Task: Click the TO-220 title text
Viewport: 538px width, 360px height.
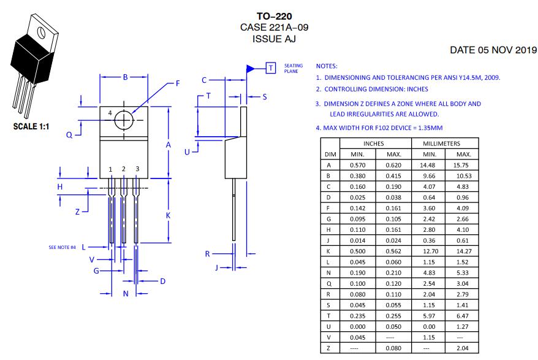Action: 270,17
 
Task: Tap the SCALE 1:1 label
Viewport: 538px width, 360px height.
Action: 31,128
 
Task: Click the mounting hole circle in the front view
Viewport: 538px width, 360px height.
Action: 124,120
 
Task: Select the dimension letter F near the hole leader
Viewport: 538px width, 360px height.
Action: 178,83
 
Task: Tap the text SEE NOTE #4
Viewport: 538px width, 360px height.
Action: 63,247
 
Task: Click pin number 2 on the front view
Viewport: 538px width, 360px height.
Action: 123,169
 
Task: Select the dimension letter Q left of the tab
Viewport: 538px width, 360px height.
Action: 69,134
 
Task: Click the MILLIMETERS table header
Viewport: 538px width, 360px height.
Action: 445,144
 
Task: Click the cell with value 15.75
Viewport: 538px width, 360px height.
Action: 463,165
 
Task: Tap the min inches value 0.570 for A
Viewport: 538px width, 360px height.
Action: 357,165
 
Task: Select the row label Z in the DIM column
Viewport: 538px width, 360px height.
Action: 329,348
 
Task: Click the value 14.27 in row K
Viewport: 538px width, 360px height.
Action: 463,251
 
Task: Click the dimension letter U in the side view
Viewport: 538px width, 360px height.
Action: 188,150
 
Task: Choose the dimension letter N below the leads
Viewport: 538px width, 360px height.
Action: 126,294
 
